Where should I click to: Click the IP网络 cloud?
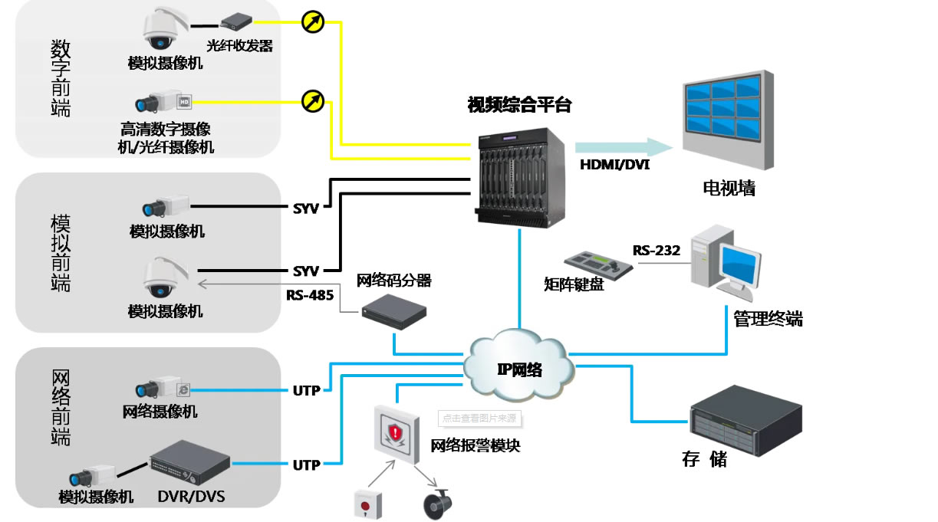(518, 366)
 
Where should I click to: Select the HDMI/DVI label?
(614, 164)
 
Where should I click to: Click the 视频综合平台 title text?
(519, 105)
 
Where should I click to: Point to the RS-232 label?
(656, 251)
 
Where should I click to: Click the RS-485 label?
(309, 294)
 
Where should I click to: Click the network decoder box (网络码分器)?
(393, 311)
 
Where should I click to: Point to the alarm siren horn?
(439, 503)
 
